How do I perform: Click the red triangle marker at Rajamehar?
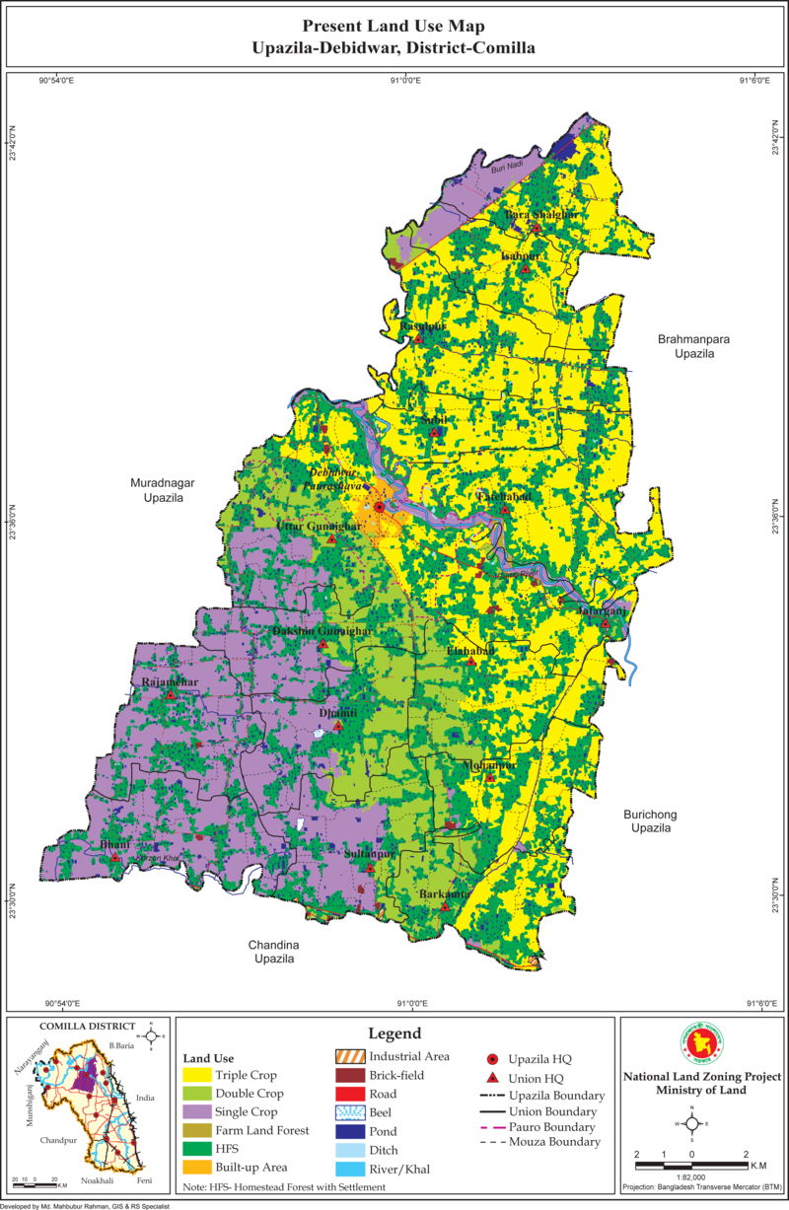click(170, 695)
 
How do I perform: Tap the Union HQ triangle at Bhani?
click(115, 858)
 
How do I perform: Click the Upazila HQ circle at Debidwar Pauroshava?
click(380, 506)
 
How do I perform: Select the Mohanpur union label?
click(489, 764)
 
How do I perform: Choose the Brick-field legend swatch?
click(348, 1075)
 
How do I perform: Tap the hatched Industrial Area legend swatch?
click(348, 1056)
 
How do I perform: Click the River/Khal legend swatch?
click(348, 1168)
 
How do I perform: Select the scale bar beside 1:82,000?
click(690, 1165)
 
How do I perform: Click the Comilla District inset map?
click(89, 1109)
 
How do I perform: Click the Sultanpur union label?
click(370, 854)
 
